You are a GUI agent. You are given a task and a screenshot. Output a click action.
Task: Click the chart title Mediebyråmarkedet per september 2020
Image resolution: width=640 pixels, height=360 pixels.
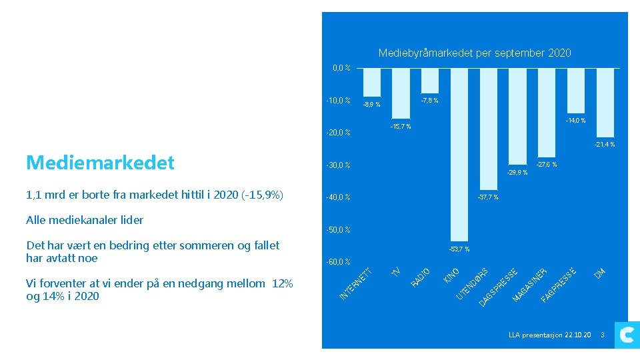pyautogui.click(x=474, y=53)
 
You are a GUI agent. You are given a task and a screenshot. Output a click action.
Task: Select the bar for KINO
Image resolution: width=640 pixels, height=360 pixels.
pyautogui.click(x=459, y=153)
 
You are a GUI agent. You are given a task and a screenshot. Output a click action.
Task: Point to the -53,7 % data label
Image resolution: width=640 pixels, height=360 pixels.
pyautogui.click(x=459, y=249)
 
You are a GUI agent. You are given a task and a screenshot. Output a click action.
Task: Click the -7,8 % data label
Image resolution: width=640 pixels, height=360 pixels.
pyautogui.click(x=429, y=101)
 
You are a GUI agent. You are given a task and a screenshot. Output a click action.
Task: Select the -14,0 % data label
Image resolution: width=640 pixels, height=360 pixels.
pyautogui.click(x=575, y=121)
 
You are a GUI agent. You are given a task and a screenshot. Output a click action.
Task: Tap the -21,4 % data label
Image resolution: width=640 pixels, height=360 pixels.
pyautogui.click(x=604, y=145)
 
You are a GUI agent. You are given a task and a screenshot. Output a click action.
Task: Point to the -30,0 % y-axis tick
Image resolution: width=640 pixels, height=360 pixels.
pyautogui.click(x=338, y=165)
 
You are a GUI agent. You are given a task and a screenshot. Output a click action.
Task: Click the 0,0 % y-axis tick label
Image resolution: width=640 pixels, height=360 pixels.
pyautogui.click(x=341, y=68)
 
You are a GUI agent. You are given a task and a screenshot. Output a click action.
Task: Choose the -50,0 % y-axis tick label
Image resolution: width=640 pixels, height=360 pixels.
pyautogui.click(x=338, y=230)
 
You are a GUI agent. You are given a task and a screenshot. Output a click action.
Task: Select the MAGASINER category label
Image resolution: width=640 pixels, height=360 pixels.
pyautogui.click(x=530, y=284)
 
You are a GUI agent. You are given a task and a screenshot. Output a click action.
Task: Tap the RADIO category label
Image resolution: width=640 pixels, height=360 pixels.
pyautogui.click(x=424, y=277)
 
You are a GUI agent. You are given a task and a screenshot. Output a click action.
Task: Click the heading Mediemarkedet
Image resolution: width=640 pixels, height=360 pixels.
pyautogui.click(x=100, y=162)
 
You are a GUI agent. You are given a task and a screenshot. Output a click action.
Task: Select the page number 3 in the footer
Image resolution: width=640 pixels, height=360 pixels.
pyautogui.click(x=602, y=335)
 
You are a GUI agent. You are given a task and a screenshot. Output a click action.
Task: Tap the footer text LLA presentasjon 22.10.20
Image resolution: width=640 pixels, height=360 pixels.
pyautogui.click(x=549, y=335)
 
